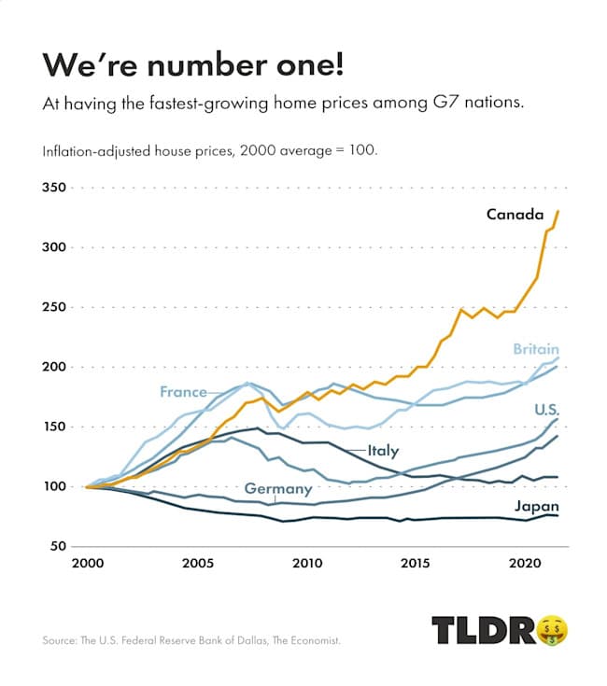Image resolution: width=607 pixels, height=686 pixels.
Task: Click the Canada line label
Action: [515, 215]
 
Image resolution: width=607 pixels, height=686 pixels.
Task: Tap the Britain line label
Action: [535, 349]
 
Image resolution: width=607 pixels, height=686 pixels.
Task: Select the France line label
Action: [183, 392]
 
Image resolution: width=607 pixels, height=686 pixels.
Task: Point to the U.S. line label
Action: [546, 409]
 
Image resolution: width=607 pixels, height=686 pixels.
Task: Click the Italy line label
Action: [383, 451]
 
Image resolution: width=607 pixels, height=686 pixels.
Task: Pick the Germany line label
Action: [277, 489]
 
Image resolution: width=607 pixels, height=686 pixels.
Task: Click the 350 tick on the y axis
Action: [57, 188]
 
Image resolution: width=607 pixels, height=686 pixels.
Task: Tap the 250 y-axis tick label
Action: [57, 307]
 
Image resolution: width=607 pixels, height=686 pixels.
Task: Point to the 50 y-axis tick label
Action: [61, 546]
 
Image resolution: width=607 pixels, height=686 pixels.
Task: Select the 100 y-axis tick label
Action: [57, 486]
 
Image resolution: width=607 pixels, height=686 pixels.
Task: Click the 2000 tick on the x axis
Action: [87, 564]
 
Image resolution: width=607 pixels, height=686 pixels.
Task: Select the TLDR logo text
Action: [485, 630]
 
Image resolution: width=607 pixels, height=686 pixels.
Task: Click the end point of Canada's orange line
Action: [558, 211]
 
